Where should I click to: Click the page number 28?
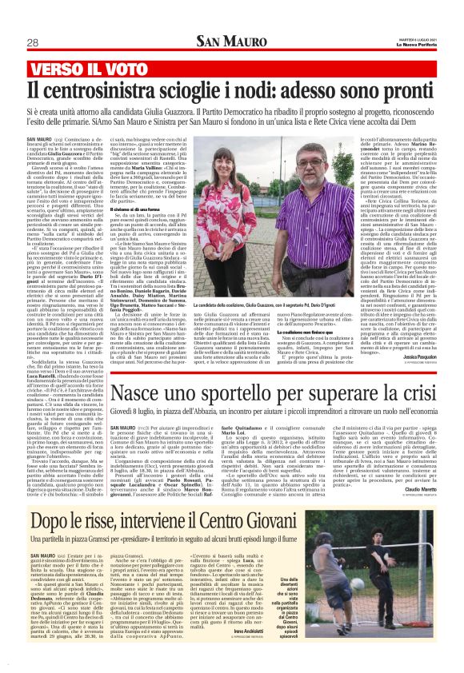pos(33,42)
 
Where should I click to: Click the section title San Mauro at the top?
pos(232,42)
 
